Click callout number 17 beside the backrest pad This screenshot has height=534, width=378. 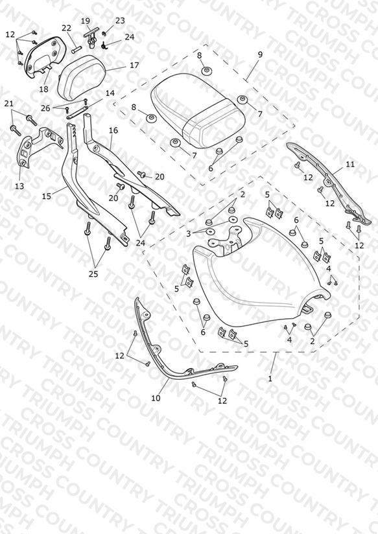(134, 65)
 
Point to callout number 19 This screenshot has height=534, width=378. (85, 21)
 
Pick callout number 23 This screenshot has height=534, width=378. (120, 21)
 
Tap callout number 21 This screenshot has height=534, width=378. (9, 104)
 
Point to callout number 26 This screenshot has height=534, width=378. (45, 108)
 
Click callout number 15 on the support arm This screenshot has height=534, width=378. (46, 196)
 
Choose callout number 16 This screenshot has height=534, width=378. (113, 130)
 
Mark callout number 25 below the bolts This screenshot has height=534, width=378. (93, 274)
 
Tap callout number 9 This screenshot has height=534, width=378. (260, 54)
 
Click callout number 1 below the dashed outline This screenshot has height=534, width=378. (270, 378)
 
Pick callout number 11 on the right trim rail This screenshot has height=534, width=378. (350, 165)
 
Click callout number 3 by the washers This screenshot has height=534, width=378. (189, 234)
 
